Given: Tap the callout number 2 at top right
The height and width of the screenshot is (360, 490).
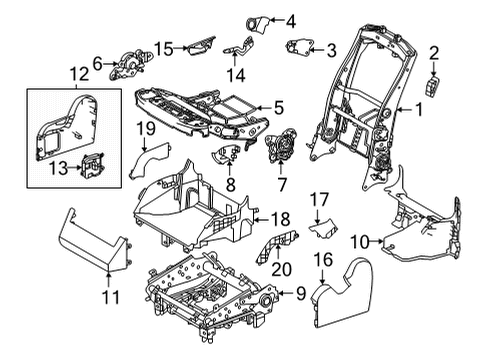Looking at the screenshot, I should pos(434,52).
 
